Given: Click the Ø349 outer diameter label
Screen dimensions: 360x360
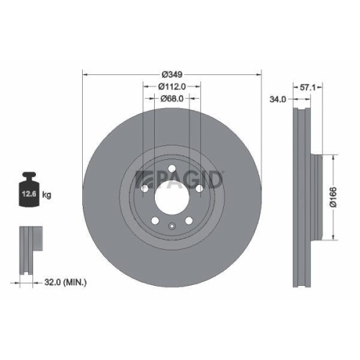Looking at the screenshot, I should click(x=172, y=75).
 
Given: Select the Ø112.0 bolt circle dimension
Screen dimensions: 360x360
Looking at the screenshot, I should click(x=172, y=86).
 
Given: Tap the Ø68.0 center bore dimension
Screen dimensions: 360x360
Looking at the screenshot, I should click(x=172, y=99).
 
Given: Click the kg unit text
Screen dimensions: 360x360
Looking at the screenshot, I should click(x=47, y=194).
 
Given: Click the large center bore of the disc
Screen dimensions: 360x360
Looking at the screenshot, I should click(x=171, y=192).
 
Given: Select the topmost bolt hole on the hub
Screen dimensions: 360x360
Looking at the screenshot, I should click(x=171, y=171).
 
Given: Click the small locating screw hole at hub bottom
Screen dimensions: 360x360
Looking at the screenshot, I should click(x=171, y=228).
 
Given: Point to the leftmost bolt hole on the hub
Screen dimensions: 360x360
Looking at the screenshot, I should click(x=145, y=189).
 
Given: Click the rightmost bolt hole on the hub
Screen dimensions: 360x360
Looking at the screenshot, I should click(x=198, y=189).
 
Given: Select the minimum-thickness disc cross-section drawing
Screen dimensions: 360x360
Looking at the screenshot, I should click(x=27, y=248).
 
